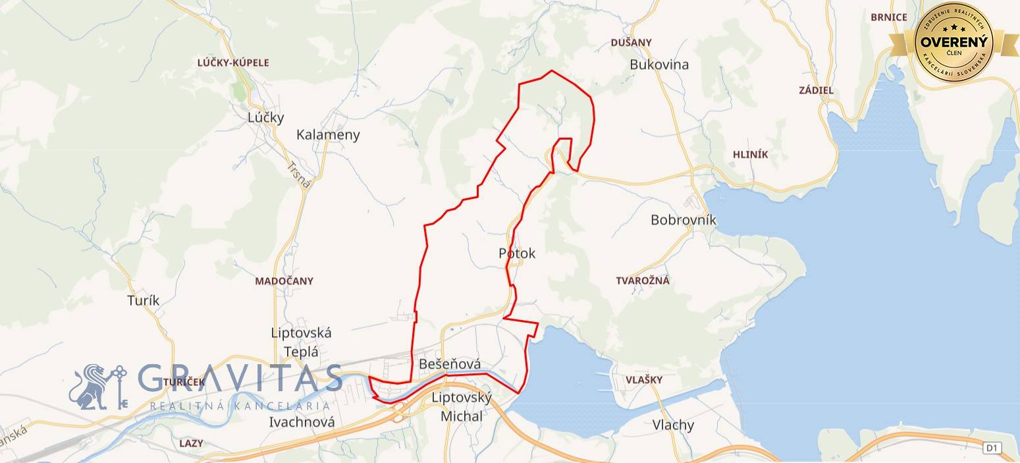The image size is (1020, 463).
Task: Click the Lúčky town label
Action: point(266,118)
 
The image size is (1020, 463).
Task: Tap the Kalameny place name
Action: point(328,135)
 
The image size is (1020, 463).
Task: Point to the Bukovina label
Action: point(659,65)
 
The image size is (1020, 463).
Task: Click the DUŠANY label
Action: point(631,43)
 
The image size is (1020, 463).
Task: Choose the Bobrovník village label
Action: point(683,220)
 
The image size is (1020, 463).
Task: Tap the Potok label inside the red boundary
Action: point(517,254)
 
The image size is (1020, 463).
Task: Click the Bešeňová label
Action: point(449,364)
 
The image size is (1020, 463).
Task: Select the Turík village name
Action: point(143,300)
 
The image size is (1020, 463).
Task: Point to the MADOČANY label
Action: point(284,281)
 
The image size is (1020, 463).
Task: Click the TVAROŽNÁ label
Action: point(643,281)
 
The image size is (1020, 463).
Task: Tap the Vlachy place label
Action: point(673,425)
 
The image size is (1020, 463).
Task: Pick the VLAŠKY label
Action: point(644,380)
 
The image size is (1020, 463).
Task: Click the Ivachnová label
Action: point(302,422)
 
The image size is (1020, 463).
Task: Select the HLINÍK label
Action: point(750,155)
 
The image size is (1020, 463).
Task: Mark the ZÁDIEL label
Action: point(816,90)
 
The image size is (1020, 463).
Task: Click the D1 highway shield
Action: point(992,449)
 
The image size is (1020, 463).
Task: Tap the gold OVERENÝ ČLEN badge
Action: point(953,41)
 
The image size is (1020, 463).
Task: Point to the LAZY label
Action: point(191,444)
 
